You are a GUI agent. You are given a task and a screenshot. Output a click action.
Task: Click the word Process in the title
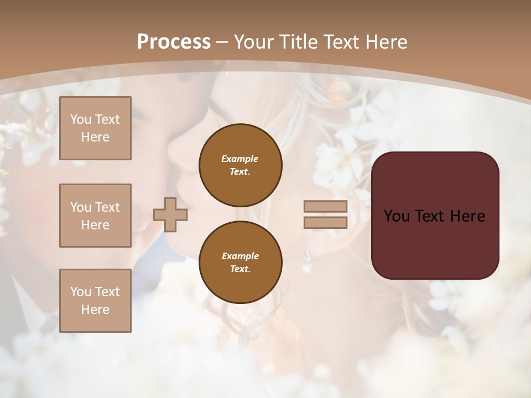pyautogui.click(x=174, y=41)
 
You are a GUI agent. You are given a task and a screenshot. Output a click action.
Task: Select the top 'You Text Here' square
pyautogui.click(x=95, y=128)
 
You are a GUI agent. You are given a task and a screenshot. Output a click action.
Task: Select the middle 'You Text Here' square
pyautogui.click(x=95, y=216)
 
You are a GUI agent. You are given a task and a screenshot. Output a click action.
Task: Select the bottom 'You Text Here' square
pyautogui.click(x=95, y=301)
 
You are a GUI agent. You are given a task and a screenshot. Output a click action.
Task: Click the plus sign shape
pyautogui.click(x=170, y=214)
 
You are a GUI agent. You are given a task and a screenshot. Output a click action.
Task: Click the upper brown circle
pyautogui.click(x=241, y=165)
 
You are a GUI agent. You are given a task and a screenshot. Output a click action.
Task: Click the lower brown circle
pyautogui.click(x=241, y=263)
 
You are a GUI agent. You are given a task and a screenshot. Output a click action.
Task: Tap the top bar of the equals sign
pyautogui.click(x=325, y=207)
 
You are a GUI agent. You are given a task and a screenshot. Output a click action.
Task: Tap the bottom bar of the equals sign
pyautogui.click(x=325, y=223)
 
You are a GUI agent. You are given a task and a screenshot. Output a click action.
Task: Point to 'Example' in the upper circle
pyautogui.click(x=240, y=159)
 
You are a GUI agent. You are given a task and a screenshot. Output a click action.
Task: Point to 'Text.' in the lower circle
pyautogui.click(x=240, y=269)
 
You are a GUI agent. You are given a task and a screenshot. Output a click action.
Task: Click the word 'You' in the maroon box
pyautogui.click(x=397, y=216)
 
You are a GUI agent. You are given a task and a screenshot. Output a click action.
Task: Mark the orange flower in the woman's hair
pyautogui.click(x=335, y=90)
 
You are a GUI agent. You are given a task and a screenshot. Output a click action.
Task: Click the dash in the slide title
pyautogui.click(x=222, y=43)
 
